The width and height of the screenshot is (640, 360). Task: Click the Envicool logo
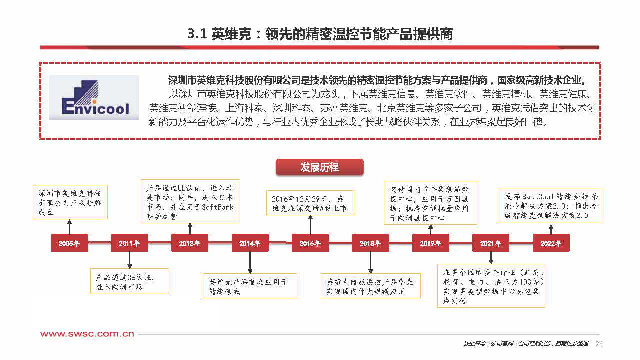pos(94,97)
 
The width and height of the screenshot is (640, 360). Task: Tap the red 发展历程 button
pos(319,167)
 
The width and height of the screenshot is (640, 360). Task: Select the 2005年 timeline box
pos(69,243)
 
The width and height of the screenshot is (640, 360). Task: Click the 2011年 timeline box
pos(129,243)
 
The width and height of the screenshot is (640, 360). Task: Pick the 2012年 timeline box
pos(190,243)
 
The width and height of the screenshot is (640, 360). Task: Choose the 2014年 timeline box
pos(250,243)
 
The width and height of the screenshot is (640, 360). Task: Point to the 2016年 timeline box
pos(310,243)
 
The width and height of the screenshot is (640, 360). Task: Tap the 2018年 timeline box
pos(370,243)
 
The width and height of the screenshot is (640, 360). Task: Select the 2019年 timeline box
pos(430,243)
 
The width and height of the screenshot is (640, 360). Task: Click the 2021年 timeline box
pos(491,243)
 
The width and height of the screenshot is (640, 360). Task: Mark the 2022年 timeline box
pos(551,243)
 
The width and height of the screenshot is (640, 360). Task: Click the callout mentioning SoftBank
pos(190,202)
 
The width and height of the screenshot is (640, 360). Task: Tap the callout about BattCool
pos(551,205)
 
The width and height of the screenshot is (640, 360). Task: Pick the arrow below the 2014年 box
pos(250,262)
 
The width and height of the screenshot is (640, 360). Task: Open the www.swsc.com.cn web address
pos(87,334)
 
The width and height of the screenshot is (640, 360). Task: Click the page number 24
pos(599,343)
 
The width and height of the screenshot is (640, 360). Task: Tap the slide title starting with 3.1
pos(320,34)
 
